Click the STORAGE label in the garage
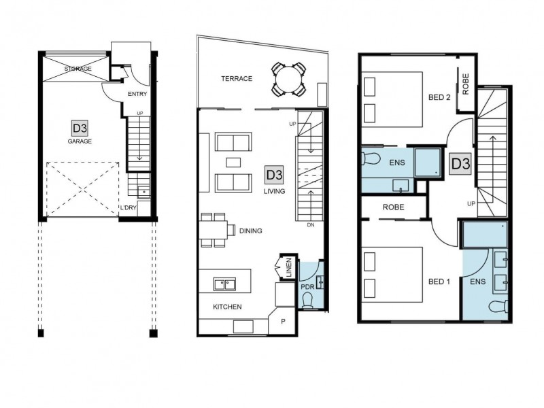[x=78, y=69]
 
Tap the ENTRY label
[x=137, y=94]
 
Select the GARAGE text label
[x=80, y=141]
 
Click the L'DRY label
[x=128, y=207]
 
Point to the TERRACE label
[x=237, y=79]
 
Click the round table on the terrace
[x=288, y=79]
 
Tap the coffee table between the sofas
[x=233, y=163]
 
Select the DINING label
[x=250, y=231]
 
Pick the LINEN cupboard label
[x=288, y=268]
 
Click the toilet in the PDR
[x=307, y=301]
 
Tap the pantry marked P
[x=283, y=322]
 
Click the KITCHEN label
[x=227, y=307]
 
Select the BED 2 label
[x=439, y=97]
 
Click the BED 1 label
[x=439, y=282]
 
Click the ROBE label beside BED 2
[x=466, y=84]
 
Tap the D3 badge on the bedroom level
[x=461, y=163]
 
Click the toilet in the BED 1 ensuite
[x=498, y=307]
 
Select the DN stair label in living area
[x=311, y=225]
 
